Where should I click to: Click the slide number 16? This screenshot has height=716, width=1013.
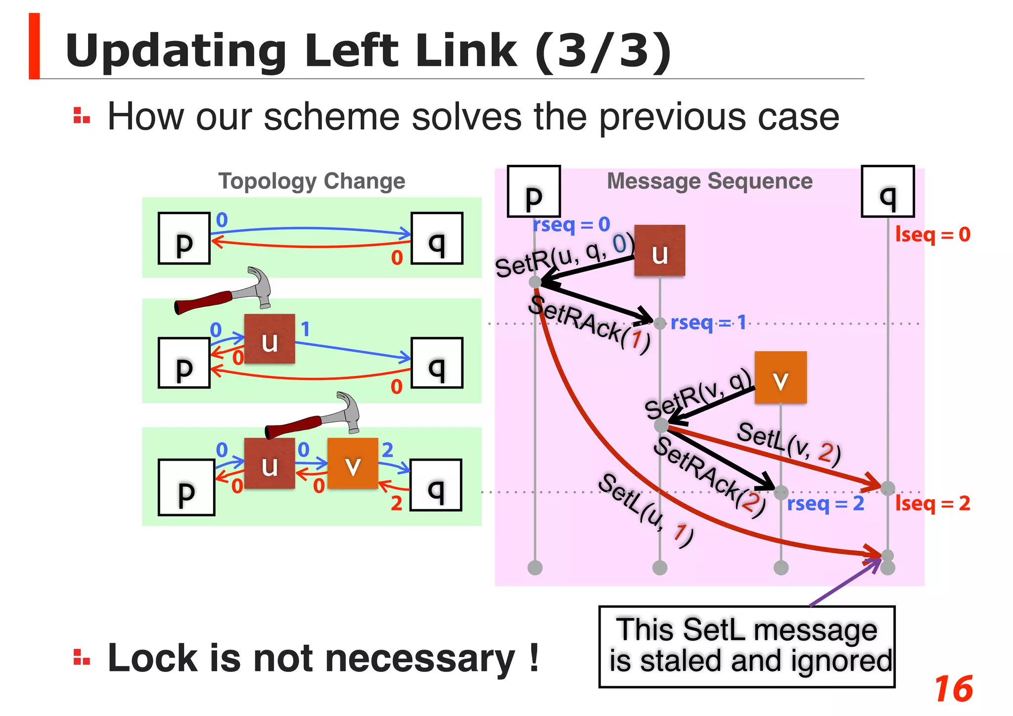pyautogui.click(x=953, y=689)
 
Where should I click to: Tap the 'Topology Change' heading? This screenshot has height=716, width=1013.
pyautogui.click(x=312, y=181)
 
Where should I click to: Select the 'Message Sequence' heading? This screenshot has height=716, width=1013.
pyautogui.click(x=709, y=181)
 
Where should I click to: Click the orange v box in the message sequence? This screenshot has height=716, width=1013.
pyautogui.click(x=781, y=378)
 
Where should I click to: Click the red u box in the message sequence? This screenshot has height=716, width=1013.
pyautogui.click(x=659, y=250)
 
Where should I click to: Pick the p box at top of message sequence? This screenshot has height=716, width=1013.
pyautogui.click(x=534, y=191)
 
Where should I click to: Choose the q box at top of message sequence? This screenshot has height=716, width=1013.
pyautogui.click(x=887, y=191)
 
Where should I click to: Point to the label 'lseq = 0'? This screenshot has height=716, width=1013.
pyautogui.click(x=932, y=235)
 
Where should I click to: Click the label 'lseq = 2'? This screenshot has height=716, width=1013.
pyautogui.click(x=932, y=504)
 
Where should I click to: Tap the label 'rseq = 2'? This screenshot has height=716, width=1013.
pyautogui.click(x=825, y=504)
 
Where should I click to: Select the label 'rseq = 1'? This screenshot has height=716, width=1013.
pyautogui.click(x=708, y=323)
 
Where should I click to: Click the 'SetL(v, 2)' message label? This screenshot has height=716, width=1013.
pyautogui.click(x=788, y=444)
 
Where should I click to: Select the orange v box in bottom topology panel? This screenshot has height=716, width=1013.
pyautogui.click(x=353, y=464)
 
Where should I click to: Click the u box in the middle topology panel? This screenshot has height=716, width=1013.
pyautogui.click(x=270, y=339)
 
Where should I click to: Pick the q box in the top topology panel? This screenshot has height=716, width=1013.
pyautogui.click(x=437, y=239)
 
